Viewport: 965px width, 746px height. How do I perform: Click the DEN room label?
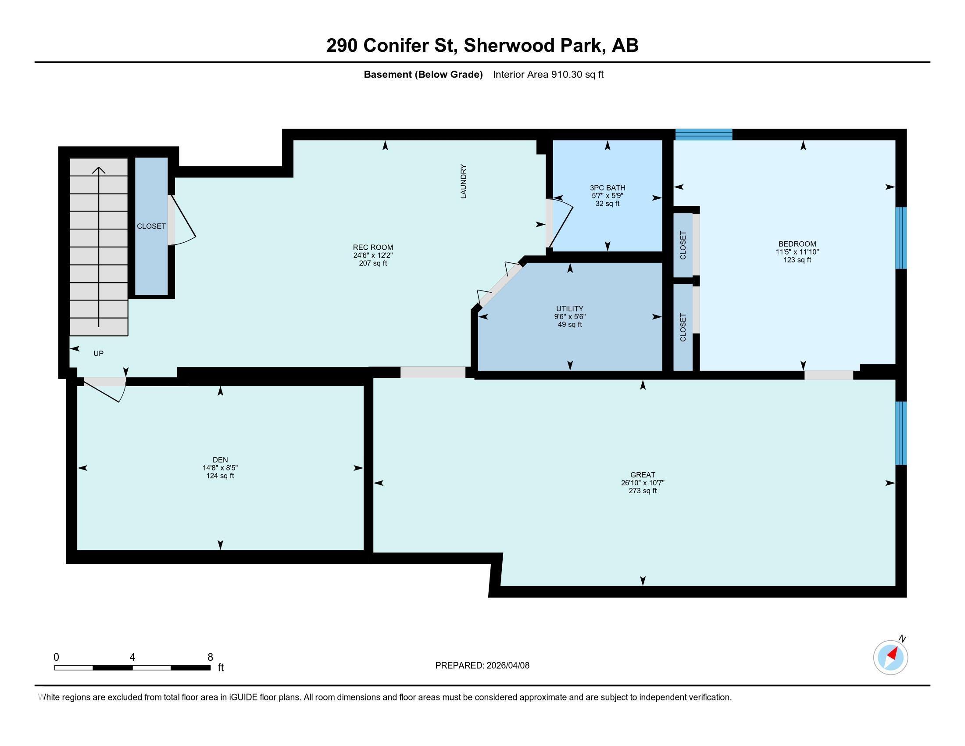click(220, 459)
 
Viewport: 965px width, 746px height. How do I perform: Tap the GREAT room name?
click(643, 475)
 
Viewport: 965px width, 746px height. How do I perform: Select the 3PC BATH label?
click(607, 188)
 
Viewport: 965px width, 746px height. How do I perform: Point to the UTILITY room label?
click(569, 308)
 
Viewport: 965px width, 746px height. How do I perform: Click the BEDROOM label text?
click(797, 244)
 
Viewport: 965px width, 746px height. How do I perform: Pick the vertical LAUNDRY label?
click(464, 182)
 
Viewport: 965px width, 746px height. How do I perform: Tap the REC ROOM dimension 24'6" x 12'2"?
click(373, 255)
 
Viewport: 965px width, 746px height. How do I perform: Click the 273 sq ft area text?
click(643, 491)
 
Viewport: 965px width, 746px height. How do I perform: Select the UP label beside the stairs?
click(99, 354)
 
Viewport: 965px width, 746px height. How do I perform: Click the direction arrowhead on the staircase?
click(99, 170)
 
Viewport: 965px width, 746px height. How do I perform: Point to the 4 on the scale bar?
click(132, 657)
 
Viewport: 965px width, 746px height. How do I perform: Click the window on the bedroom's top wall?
click(704, 134)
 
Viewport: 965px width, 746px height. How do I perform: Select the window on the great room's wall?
click(901, 433)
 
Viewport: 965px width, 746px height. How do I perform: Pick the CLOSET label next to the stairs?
click(151, 226)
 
